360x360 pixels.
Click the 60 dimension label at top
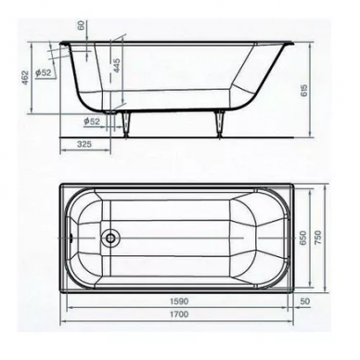point(82,25)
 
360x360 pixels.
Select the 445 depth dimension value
point(117,65)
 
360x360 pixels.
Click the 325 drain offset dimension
point(84,144)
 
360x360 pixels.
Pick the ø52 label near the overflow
point(43,72)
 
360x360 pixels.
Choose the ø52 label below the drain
point(92,122)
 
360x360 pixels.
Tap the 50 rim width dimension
point(304,301)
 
